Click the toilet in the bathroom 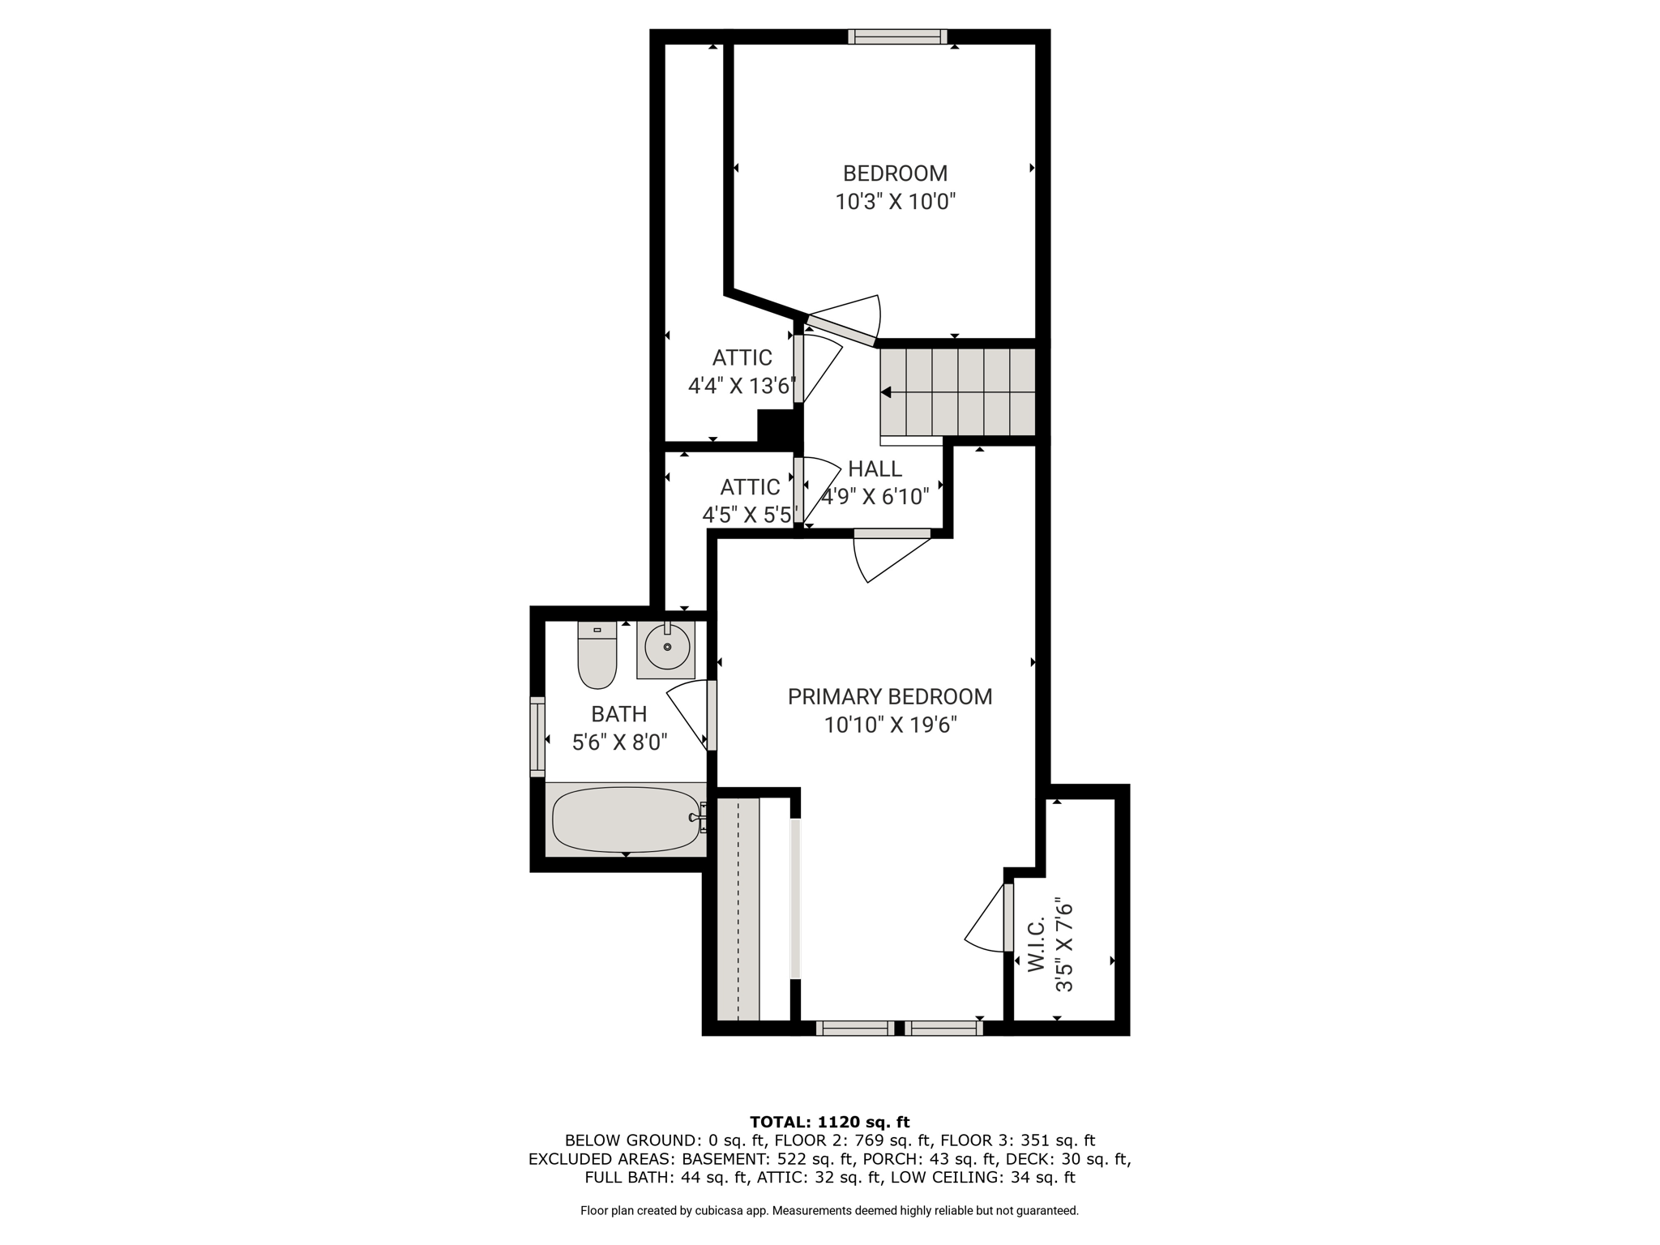tap(597, 655)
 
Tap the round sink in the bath tap(667, 647)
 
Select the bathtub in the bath tap(626, 820)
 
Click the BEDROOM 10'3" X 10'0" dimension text tap(896, 201)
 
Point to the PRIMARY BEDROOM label tap(890, 696)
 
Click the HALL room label tap(875, 468)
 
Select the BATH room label tap(619, 714)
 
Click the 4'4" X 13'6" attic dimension tap(742, 386)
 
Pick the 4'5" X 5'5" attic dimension tap(750, 515)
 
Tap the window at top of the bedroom tap(897, 36)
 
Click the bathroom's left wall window tap(537, 737)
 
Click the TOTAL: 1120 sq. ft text tap(830, 1122)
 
